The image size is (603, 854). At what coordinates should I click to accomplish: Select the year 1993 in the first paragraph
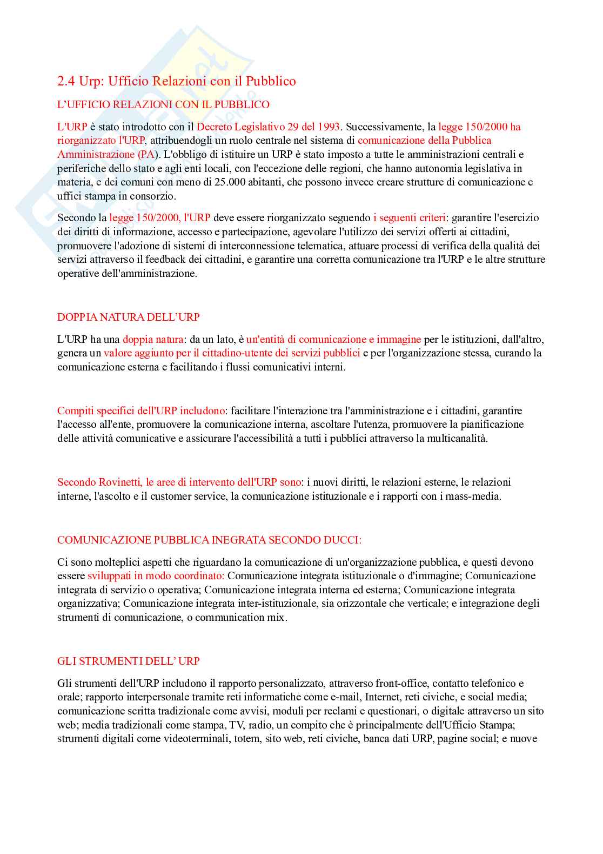click(x=328, y=127)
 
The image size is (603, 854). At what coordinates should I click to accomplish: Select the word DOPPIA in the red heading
click(x=75, y=317)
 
